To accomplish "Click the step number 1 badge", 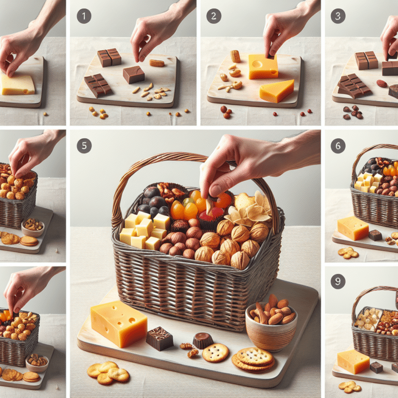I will click(x=83, y=16).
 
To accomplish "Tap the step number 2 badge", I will click(x=213, y=16).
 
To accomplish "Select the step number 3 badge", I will click(x=338, y=16).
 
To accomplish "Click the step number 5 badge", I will click(x=84, y=146).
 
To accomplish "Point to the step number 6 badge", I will click(x=338, y=146).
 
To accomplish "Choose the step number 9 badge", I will click(x=338, y=281).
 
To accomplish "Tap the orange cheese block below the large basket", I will click(x=119, y=323).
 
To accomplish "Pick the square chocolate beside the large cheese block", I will click(x=159, y=338).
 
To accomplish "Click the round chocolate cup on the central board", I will click(x=203, y=340).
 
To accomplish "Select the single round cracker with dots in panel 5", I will click(x=216, y=353).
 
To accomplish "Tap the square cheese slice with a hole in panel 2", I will click(x=263, y=66).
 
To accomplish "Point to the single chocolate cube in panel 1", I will click(x=134, y=74).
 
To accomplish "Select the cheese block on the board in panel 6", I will click(x=352, y=228).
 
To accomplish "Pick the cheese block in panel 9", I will click(x=353, y=361).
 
